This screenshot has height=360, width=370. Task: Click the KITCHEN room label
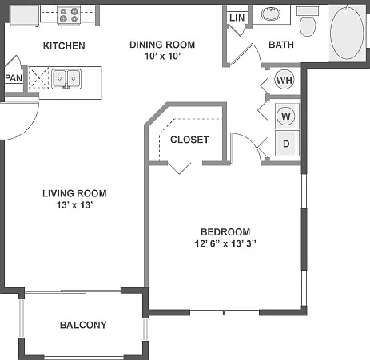click(x=64, y=45)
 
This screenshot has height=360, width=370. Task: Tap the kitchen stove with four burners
click(x=69, y=15)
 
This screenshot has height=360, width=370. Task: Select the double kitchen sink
click(x=66, y=79)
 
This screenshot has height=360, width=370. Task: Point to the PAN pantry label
click(x=14, y=78)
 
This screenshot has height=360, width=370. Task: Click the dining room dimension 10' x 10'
click(x=162, y=57)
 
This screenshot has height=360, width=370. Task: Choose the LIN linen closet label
click(x=237, y=18)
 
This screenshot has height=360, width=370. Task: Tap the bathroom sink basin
click(x=271, y=14)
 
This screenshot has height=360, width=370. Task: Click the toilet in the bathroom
click(x=308, y=22)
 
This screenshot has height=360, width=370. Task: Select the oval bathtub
click(x=347, y=32)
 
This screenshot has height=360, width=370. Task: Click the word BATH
click(x=281, y=45)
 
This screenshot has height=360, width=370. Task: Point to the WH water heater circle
click(x=284, y=80)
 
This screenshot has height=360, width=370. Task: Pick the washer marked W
click(x=286, y=116)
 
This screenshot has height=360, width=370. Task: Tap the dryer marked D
click(x=287, y=144)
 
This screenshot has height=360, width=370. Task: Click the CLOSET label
click(x=189, y=140)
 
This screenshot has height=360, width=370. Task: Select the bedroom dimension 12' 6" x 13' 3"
click(x=225, y=243)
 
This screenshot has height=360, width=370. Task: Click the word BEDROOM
click(x=225, y=232)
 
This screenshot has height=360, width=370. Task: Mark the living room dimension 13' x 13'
click(x=74, y=205)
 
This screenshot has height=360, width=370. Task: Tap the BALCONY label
click(x=83, y=325)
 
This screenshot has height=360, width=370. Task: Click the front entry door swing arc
click(x=30, y=129)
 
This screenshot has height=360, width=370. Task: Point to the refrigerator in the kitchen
click(x=25, y=15)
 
